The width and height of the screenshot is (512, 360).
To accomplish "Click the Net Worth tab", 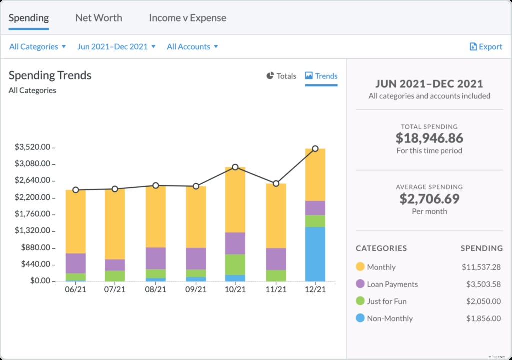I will point(98,18).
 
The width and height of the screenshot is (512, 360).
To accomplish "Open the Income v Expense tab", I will point(187,18).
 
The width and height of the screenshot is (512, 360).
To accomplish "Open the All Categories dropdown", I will point(37,47).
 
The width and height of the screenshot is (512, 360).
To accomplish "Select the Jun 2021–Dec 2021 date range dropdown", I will point(116,47).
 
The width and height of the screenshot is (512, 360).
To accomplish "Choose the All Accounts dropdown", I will point(192,47).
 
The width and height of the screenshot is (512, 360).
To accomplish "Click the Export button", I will point(486,47).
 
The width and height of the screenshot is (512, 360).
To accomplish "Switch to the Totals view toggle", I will point(281,76).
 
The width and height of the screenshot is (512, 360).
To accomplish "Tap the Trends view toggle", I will point(321,76).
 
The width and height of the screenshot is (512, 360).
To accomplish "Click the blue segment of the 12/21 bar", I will point(315,254).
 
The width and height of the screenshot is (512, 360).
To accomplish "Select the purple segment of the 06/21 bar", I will point(76,263).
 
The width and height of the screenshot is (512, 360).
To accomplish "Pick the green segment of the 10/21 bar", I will point(235,264).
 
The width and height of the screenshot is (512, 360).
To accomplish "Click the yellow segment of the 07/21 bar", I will point(115,224).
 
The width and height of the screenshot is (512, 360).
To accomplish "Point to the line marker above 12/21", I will point(315,149).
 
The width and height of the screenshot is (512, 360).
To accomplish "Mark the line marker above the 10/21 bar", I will point(235,167).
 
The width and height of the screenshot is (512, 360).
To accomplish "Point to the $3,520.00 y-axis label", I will point(32,147).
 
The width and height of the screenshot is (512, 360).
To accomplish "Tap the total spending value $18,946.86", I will point(429,138).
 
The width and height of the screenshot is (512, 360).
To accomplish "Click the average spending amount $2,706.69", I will point(429,199).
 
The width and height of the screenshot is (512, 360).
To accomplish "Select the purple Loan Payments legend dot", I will point(360,284).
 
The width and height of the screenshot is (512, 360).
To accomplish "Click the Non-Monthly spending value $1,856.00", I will point(483,318).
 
